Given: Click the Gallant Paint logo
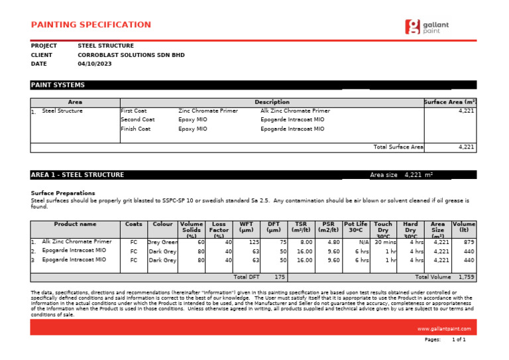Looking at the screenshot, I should [x=427, y=27].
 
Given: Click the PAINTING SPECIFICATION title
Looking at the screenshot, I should [x=91, y=25].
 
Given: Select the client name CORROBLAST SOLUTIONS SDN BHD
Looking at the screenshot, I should [x=131, y=55].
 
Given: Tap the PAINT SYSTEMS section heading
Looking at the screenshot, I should [x=58, y=85].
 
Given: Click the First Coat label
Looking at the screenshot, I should [x=134, y=111].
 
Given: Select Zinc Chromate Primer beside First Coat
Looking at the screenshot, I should [x=207, y=111].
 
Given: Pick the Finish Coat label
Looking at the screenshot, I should [x=135, y=129].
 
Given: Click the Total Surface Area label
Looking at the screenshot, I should [x=398, y=147].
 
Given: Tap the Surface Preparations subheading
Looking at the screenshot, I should [x=63, y=193].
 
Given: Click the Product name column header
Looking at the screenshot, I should [x=75, y=225].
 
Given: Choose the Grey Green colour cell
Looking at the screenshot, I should [x=162, y=243].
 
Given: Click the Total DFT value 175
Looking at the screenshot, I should [x=279, y=277].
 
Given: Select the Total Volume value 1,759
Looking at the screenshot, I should [x=467, y=277].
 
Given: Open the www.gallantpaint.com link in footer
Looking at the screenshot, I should [x=443, y=329].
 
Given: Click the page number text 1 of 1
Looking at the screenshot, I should [x=459, y=339].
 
